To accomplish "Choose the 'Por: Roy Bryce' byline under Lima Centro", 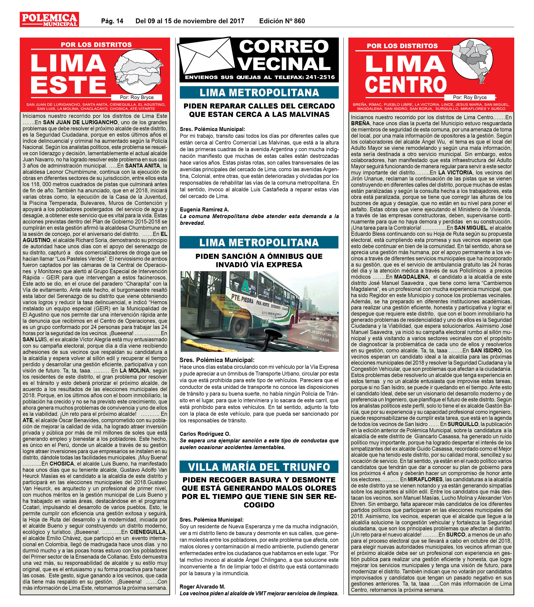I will pyautogui.click(x=470, y=97).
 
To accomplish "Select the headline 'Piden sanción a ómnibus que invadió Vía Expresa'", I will pyautogui.click(x=259, y=260).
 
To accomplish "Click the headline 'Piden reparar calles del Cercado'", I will pyautogui.click(x=259, y=110).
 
